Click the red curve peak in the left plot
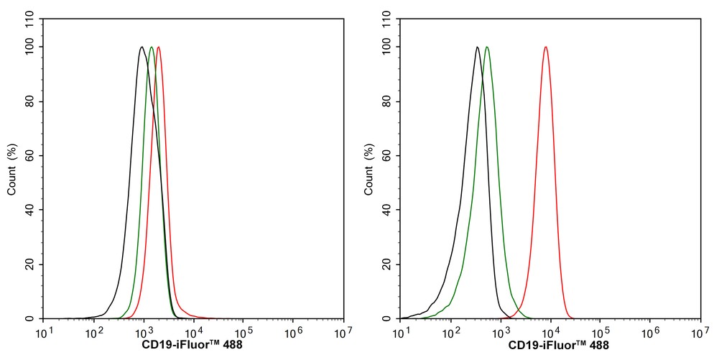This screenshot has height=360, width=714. coord(158,48)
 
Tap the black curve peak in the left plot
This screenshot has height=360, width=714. coord(142,48)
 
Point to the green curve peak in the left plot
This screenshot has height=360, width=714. coord(151,48)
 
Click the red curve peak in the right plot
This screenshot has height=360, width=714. coord(546,48)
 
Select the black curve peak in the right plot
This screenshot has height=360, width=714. coord(477,48)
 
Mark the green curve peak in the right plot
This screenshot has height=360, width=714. coord(487,48)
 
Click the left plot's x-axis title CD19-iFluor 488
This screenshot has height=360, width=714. coord(193,346)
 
